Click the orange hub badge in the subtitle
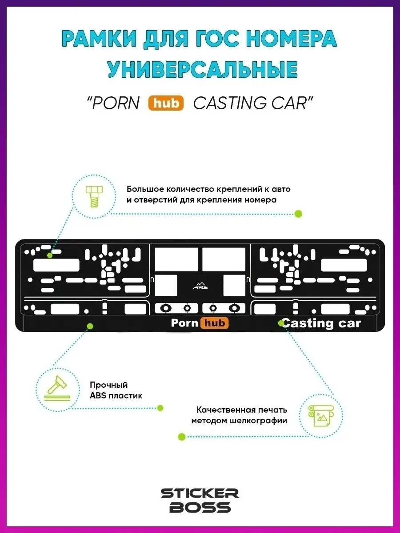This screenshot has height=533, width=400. pos(168,103)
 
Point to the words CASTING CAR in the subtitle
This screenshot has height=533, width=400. pos(251,103)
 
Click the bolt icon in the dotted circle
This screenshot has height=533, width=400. pos(94,196)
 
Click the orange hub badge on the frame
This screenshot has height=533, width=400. pos(214,323)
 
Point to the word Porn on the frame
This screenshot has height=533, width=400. pos(184,323)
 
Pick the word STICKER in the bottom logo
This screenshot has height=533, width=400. pos(200,493)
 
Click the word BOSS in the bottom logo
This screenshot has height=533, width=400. pos(200,507)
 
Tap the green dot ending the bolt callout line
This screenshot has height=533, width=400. pos(298,214)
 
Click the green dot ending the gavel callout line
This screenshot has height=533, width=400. pos(160,408)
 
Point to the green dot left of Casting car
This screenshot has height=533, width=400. pos(281,323)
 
